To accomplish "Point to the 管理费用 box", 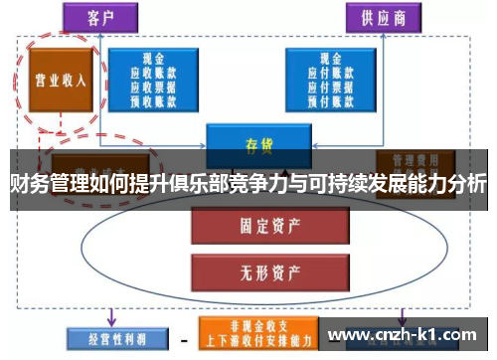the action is pos(412,161).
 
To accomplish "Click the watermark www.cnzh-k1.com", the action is pos(404,336).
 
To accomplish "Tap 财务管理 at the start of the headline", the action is pos(46,185).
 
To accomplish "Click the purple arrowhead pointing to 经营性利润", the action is pos(109,320).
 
